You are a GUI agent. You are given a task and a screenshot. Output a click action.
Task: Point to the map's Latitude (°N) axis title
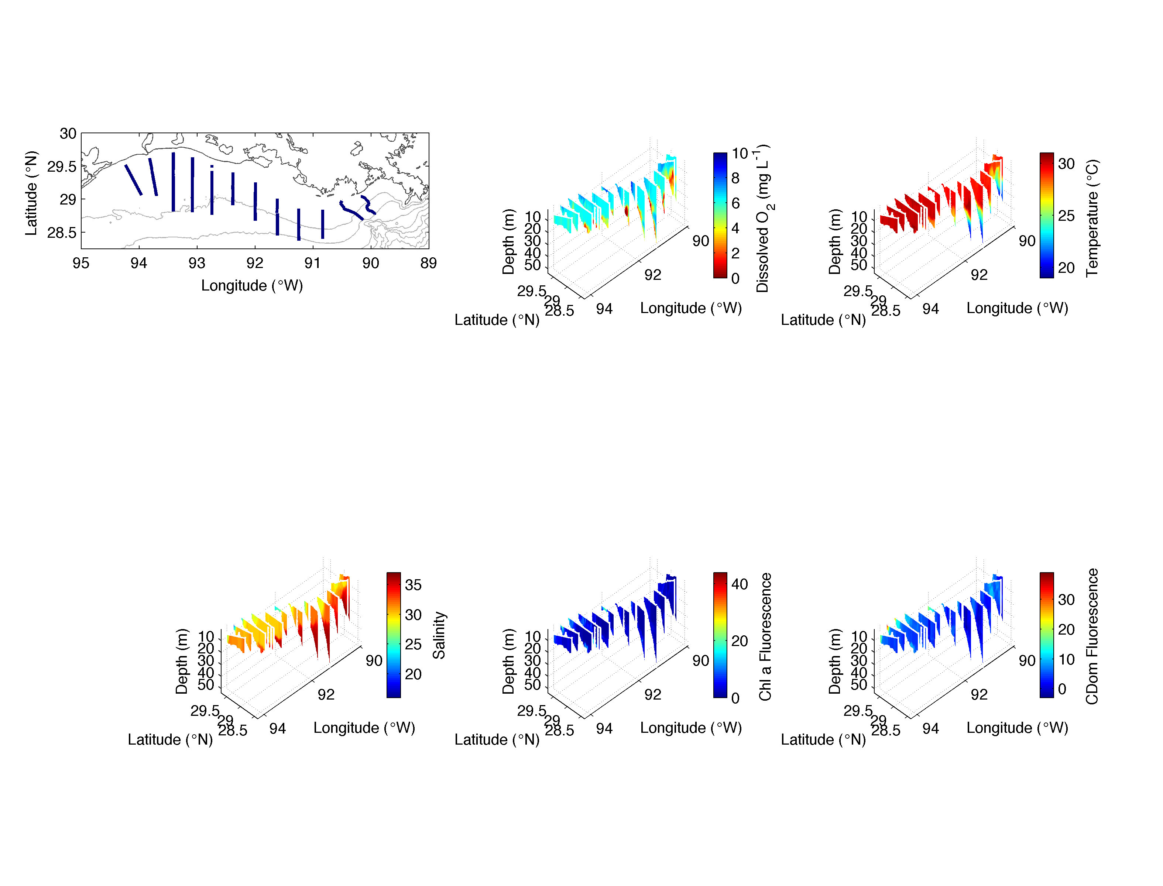coord(31,193)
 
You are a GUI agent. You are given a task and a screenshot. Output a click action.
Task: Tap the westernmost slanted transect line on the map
coord(133,180)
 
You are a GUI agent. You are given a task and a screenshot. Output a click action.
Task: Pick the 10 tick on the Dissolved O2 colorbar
coord(740,154)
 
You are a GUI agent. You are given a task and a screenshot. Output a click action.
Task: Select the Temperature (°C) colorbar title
coord(1092,218)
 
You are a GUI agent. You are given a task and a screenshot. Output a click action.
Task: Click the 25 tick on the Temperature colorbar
coord(1066,216)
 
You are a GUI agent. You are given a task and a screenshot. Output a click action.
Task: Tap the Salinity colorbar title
coord(439,635)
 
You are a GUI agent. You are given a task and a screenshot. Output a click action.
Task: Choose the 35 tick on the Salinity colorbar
coord(413,585)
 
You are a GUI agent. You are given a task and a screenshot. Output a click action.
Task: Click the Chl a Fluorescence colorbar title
coord(765,636)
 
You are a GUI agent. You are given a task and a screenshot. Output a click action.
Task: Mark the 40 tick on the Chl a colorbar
coord(740,584)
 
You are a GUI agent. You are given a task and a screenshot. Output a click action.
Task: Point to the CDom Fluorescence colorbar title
coord(1092,636)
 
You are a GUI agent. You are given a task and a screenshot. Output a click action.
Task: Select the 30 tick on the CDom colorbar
coord(1066,600)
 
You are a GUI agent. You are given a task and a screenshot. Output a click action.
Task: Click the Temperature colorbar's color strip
coord(1046,215)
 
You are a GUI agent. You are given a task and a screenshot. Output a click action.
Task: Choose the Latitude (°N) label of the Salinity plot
coord(170,739)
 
